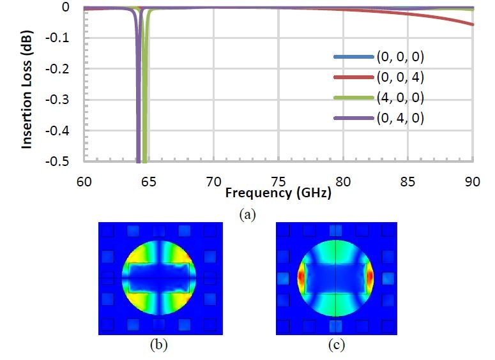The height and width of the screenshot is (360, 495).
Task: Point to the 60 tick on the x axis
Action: [x=84, y=182]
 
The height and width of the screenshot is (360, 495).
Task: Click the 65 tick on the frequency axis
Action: [x=149, y=182]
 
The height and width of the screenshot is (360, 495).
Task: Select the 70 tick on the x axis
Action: [x=214, y=182]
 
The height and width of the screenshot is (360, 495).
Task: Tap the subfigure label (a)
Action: [x=247, y=215]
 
